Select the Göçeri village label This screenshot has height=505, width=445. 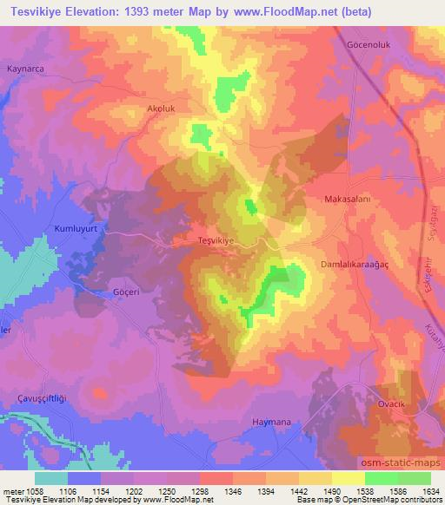[127, 293]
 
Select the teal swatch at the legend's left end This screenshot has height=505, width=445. [51, 477]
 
